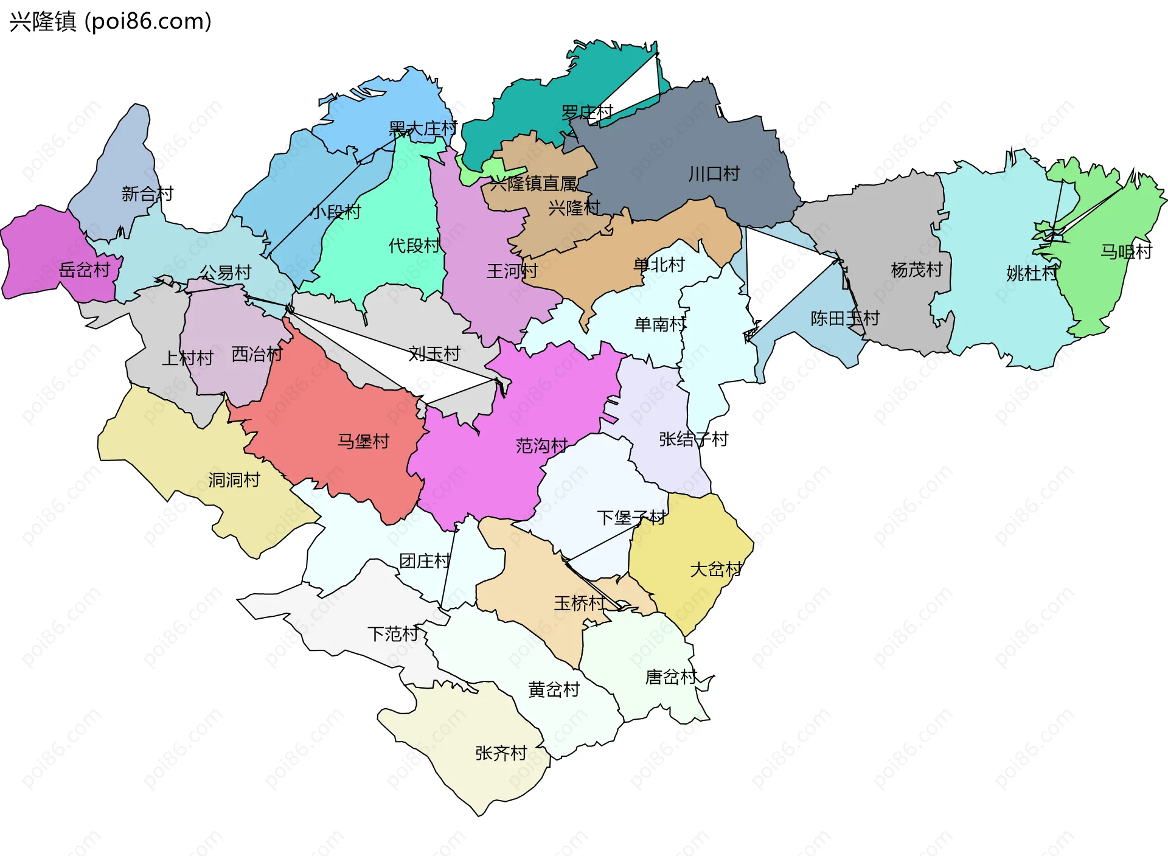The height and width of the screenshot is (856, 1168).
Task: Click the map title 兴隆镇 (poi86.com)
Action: [x=110, y=21]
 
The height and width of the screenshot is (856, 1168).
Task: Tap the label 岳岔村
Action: [x=85, y=270]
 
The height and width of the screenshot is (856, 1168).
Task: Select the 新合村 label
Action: [x=147, y=193]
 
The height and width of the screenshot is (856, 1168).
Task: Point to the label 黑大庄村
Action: [x=422, y=128]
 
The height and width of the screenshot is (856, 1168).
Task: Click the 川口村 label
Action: [x=714, y=174]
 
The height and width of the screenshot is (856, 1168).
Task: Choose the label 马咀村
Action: [x=1126, y=251]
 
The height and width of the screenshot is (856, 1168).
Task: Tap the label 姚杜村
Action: [x=1032, y=273]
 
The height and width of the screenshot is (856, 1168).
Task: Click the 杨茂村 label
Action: [x=916, y=270]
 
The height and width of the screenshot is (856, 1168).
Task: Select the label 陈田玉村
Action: [x=844, y=318]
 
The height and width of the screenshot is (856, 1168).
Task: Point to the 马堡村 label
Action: [x=363, y=441]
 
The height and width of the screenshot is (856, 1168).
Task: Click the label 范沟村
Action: [x=541, y=446]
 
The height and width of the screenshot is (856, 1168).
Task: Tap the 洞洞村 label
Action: [x=234, y=480]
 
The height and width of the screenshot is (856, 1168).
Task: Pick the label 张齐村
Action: [x=501, y=753]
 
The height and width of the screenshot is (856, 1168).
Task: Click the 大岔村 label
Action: [x=715, y=569]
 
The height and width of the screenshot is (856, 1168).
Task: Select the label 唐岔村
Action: [x=670, y=677]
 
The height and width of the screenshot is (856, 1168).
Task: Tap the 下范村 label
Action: [x=393, y=634]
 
